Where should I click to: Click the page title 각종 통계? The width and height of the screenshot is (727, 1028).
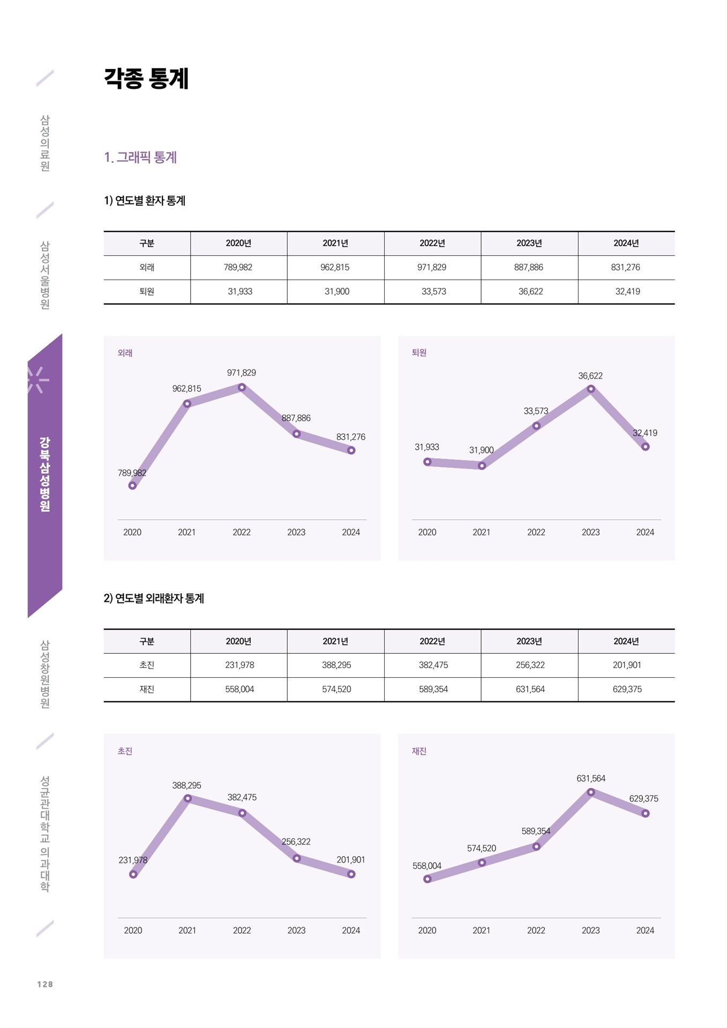(x=146, y=79)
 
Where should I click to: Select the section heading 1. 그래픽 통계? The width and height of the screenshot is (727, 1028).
(x=140, y=157)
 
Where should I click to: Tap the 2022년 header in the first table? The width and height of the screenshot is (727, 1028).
(x=432, y=243)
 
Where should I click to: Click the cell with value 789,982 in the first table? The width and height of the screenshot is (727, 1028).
(x=238, y=267)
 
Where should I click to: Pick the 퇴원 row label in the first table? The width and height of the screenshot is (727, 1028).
(x=147, y=291)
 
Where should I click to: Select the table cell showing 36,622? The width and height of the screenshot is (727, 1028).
(x=530, y=291)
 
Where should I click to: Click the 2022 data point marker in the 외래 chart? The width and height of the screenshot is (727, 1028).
(x=242, y=387)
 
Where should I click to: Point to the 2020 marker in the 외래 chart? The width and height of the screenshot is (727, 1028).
(x=132, y=486)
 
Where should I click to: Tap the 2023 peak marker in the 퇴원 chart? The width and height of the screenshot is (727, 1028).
(x=591, y=389)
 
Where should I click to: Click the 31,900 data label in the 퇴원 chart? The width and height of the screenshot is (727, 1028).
(x=482, y=450)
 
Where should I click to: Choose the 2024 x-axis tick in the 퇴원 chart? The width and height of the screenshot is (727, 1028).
(x=645, y=532)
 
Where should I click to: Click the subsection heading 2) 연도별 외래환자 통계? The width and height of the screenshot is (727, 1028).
(x=154, y=599)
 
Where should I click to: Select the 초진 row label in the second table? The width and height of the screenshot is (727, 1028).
(x=147, y=665)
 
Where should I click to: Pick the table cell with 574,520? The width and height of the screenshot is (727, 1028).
(x=336, y=689)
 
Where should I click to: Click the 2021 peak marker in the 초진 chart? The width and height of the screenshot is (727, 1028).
(x=188, y=798)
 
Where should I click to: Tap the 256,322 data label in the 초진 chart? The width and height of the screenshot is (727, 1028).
(x=296, y=842)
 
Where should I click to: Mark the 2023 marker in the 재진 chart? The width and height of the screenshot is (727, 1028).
(x=591, y=792)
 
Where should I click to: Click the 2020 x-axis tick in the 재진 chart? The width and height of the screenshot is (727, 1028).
(x=427, y=931)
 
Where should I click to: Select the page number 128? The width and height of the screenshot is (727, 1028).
(x=46, y=984)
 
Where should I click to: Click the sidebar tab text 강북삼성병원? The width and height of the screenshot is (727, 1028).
(x=45, y=474)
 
